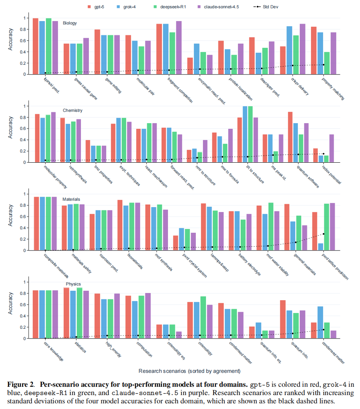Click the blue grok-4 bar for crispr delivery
289,50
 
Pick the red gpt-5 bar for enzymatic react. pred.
190,66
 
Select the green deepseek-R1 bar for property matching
327,63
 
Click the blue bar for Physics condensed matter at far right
320,322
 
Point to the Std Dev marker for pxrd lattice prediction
323,234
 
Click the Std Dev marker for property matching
323,65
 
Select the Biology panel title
70,23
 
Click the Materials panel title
71,199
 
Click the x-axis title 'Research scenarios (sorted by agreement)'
189,371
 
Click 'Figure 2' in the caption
20,384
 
